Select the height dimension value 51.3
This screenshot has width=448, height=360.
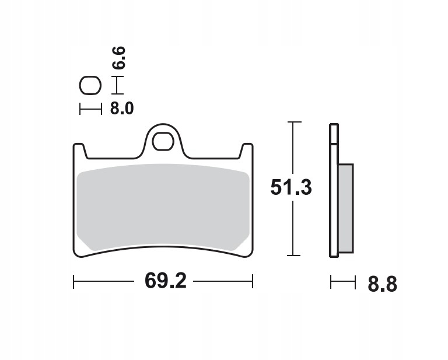click(x=291, y=187)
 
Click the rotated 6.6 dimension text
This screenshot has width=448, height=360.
click(x=118, y=58)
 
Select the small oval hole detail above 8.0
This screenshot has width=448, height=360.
click(x=90, y=86)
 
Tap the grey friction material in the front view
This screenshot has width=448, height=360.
click(x=163, y=207)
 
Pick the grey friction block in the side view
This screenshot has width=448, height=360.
click(x=345, y=208)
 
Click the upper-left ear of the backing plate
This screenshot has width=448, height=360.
click(x=80, y=151)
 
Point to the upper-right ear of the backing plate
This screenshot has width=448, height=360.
click(x=247, y=151)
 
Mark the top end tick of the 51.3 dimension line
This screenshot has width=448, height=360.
click(x=294, y=123)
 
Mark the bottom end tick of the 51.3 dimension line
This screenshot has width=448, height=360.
click(x=294, y=256)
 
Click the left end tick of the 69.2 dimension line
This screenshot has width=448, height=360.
click(x=74, y=282)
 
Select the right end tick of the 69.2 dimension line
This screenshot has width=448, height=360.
click(x=253, y=282)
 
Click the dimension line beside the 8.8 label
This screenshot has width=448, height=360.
click(x=342, y=283)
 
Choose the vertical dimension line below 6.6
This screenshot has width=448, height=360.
click(x=118, y=85)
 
